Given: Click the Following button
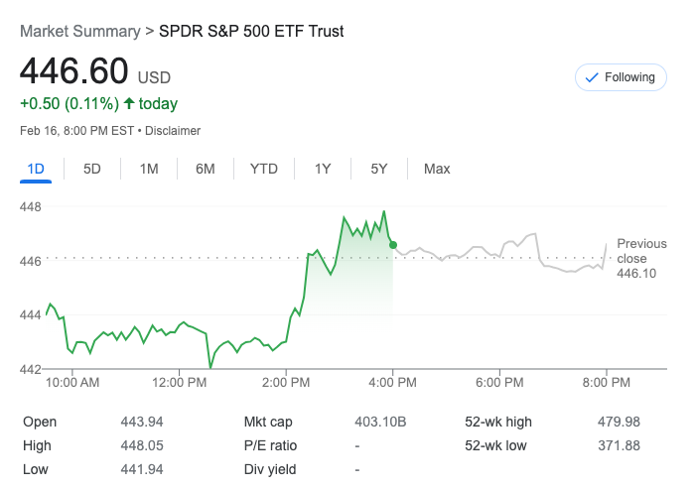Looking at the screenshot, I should click(621, 77).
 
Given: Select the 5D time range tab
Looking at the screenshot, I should click(92, 169).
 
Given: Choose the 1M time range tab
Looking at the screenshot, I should click(149, 169).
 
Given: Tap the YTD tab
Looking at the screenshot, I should click(264, 169).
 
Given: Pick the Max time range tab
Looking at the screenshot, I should click(437, 169).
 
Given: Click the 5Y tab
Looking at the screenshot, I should click(379, 169).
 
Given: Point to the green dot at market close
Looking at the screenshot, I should click(393, 245).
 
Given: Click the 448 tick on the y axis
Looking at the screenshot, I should click(31, 207).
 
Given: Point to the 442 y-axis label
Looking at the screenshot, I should click(31, 369).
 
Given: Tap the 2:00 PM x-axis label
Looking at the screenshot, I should click(287, 382).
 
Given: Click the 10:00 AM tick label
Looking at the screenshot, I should click(72, 382).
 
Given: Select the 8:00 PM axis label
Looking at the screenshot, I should click(607, 382).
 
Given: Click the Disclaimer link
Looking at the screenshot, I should click(172, 131).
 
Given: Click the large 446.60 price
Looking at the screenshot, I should click(74, 72).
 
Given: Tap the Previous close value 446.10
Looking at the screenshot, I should click(636, 273).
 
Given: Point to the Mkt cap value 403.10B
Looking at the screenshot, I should click(380, 422).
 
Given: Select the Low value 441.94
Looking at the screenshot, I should click(141, 469).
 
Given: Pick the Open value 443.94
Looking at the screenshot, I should click(141, 422).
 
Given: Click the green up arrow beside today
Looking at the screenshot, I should click(129, 103).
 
